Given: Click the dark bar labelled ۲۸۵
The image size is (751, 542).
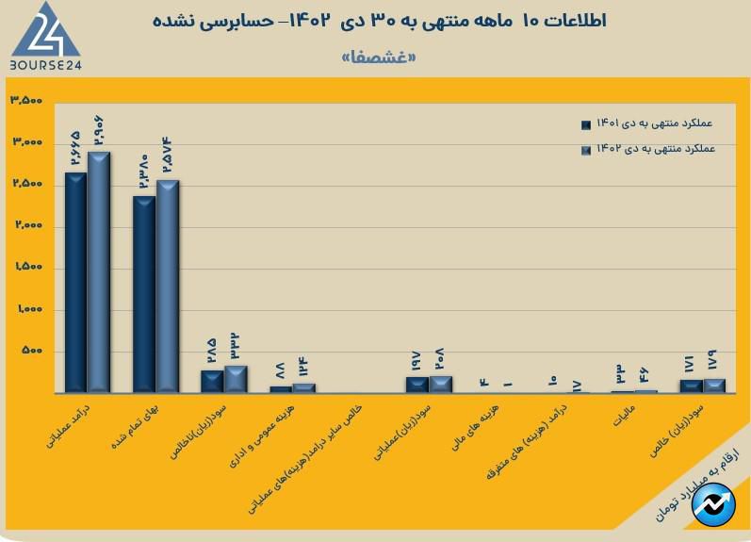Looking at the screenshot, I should (x=212, y=381).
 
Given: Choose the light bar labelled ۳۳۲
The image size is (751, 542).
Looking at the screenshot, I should (x=236, y=378).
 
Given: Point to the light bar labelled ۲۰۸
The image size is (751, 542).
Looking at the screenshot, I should (x=440, y=384).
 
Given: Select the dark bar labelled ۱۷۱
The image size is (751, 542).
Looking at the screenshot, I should (x=691, y=386).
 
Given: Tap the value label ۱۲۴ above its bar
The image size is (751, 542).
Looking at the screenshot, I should (x=303, y=366).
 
